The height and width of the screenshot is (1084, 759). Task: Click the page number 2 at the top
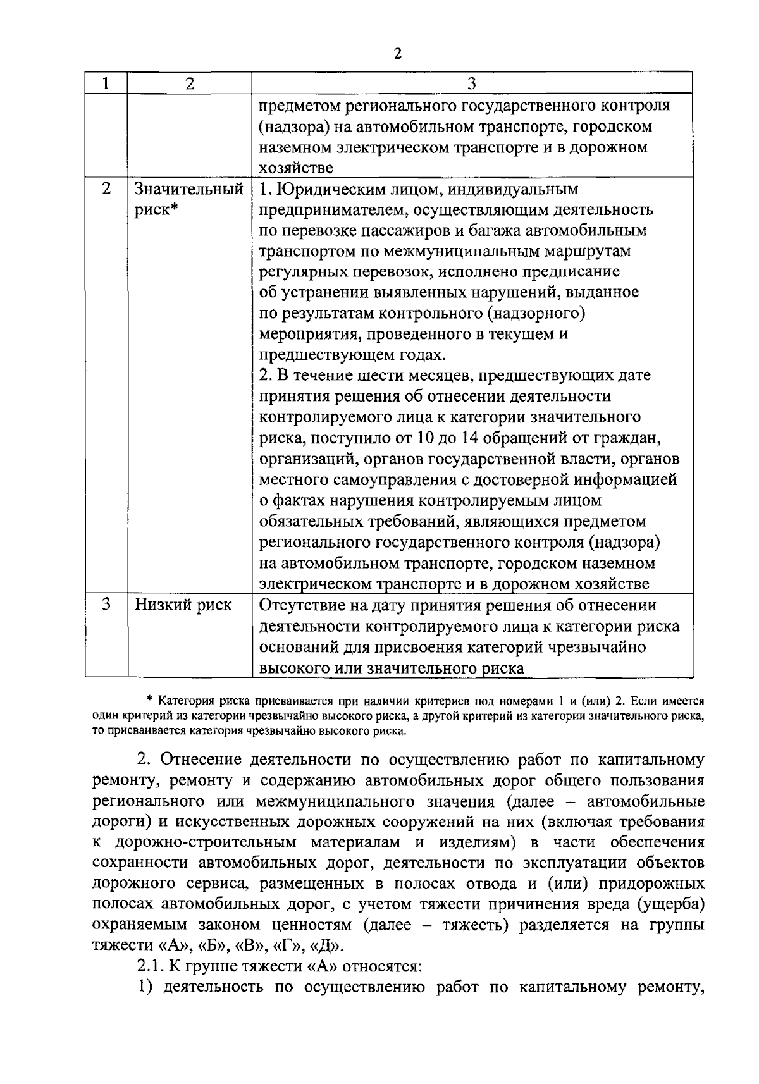(x=397, y=54)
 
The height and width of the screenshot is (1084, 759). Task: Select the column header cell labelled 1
(x=106, y=83)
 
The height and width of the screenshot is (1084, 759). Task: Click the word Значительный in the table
(x=189, y=189)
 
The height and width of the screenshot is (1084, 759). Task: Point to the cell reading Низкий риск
(x=183, y=605)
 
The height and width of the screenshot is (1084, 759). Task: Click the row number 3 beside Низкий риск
(x=106, y=605)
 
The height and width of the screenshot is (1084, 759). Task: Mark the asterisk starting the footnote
(x=150, y=701)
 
